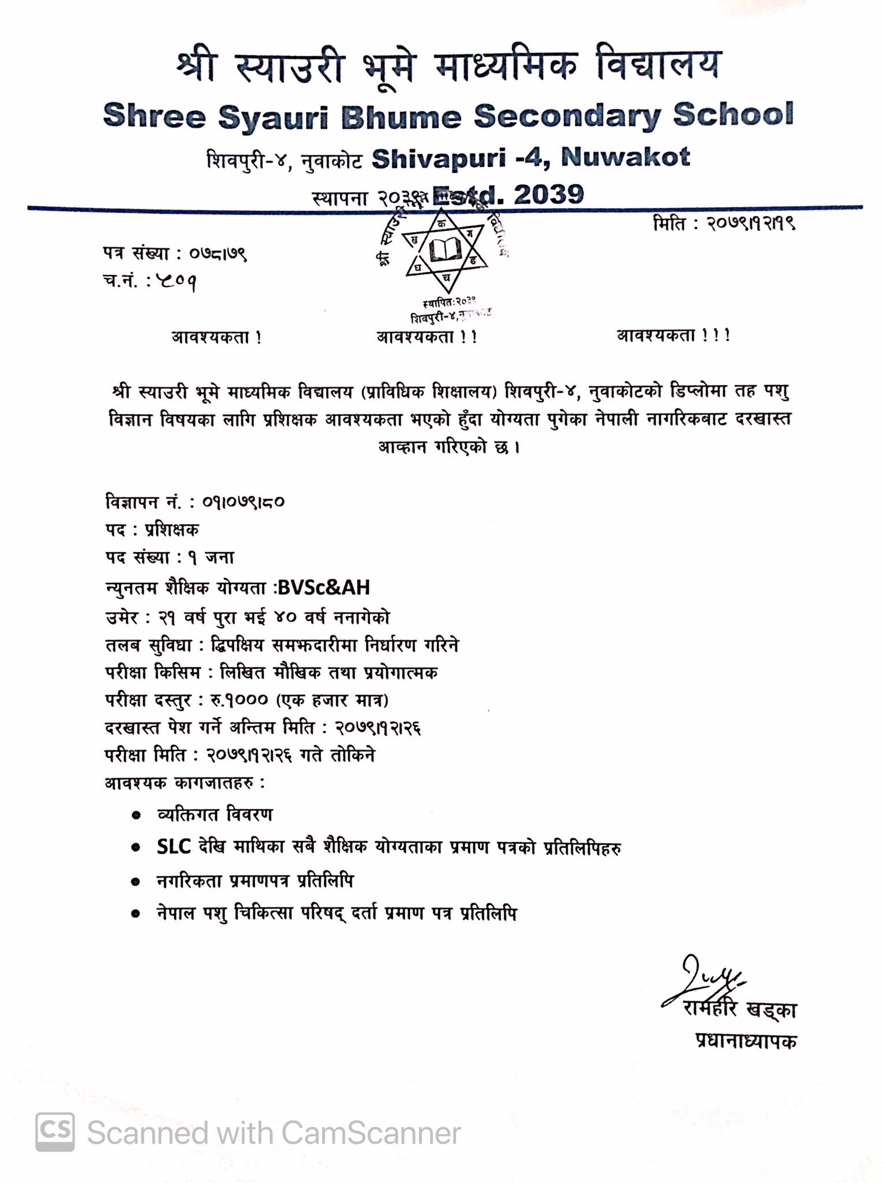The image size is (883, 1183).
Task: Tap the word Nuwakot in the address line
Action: [626, 157]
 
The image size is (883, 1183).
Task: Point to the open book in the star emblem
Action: [446, 250]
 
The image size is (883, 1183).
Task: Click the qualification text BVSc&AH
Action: [324, 587]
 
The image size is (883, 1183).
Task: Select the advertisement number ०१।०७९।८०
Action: [243, 501]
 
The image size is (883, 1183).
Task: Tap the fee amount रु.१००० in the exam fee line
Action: [238, 701]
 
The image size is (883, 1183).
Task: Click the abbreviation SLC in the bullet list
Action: [174, 847]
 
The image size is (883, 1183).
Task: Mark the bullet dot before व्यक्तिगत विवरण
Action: [136, 815]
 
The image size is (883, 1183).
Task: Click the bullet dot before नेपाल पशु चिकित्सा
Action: [136, 914]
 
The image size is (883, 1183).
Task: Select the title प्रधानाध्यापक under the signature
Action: [746, 1040]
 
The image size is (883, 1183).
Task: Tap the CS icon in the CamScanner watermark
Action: [55, 1132]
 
